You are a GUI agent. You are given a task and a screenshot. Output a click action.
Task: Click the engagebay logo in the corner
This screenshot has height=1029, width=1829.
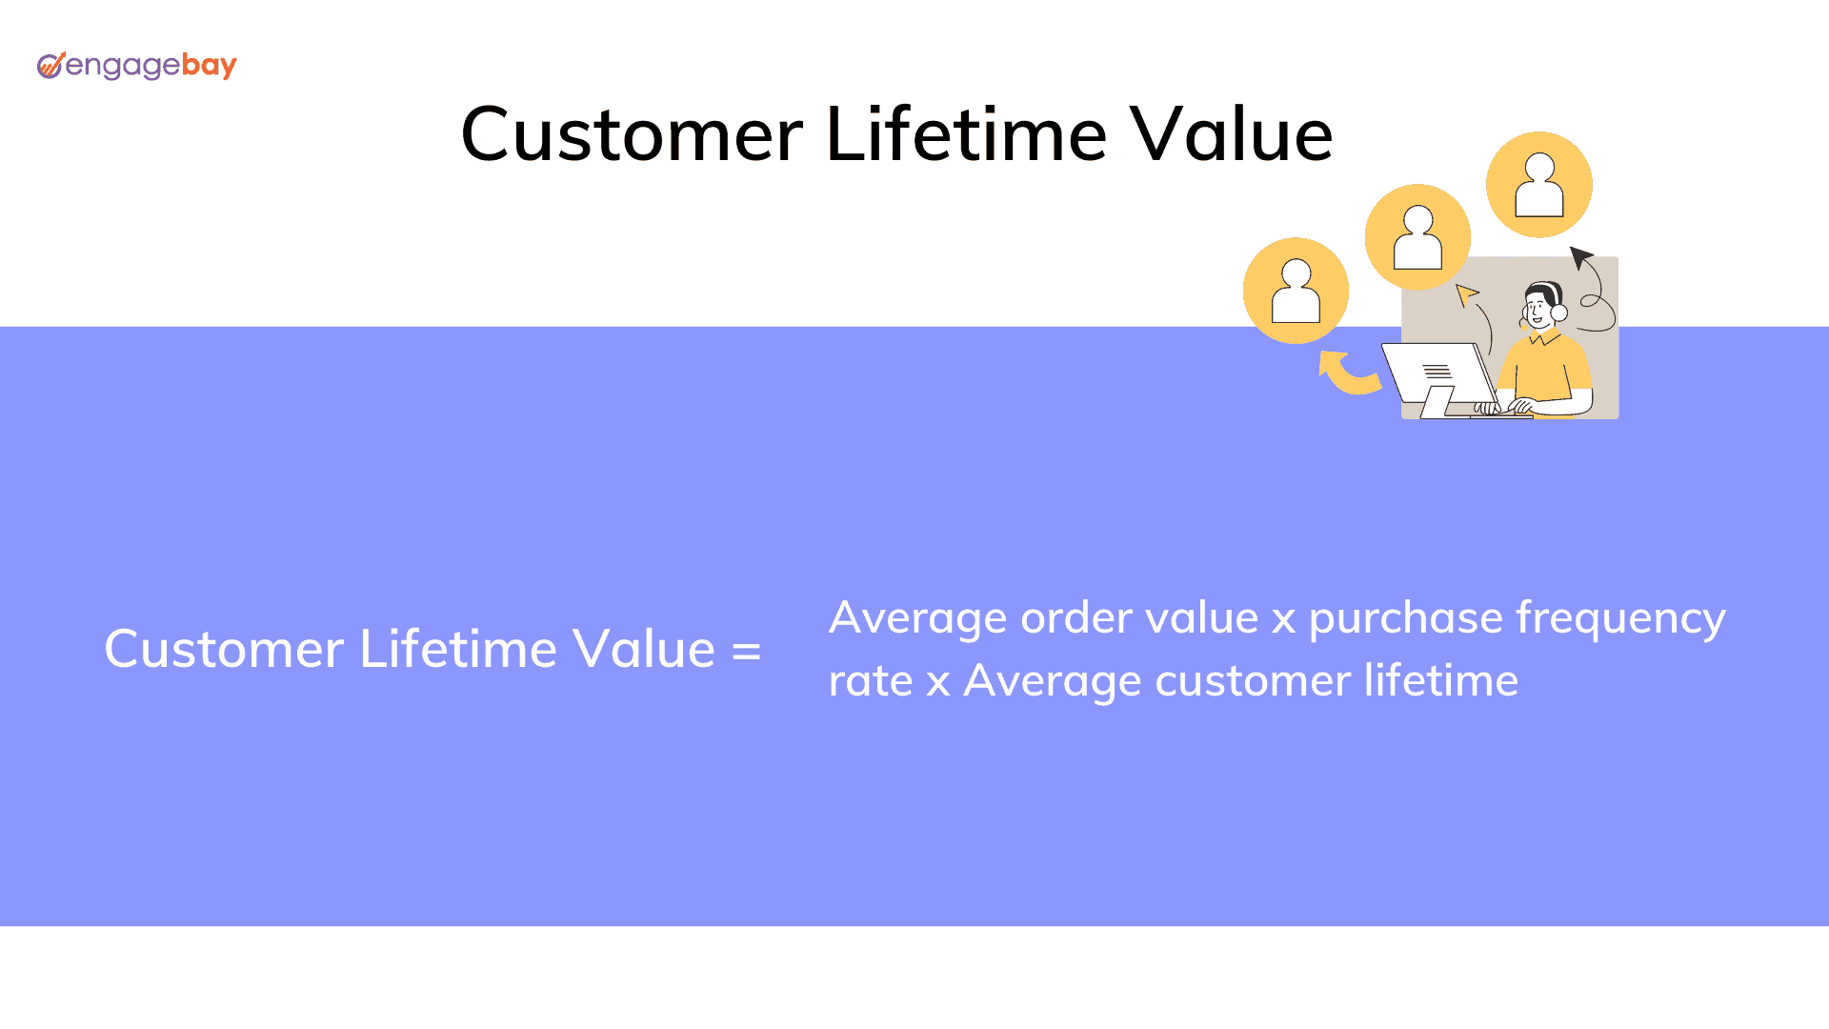136,66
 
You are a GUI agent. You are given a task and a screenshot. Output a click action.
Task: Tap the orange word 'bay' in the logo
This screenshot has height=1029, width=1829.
209,66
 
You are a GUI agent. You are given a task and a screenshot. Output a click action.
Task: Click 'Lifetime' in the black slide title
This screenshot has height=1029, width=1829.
966,134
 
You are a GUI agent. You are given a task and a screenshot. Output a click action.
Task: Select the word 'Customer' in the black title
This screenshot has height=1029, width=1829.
632,134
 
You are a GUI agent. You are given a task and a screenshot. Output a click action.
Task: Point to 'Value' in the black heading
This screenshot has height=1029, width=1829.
1231,134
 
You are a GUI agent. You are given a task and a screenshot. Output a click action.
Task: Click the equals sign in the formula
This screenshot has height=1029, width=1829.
746,652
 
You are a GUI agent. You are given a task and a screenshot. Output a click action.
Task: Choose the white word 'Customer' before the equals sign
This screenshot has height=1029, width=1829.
224,650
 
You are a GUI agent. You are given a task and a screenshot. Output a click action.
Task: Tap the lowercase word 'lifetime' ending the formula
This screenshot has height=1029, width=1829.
1441,680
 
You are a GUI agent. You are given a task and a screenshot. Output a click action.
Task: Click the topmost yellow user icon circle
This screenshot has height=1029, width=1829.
1539,185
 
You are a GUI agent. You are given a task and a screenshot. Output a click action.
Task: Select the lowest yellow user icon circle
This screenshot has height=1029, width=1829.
1296,291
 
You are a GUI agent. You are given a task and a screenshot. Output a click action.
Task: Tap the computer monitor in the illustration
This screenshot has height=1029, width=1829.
1438,378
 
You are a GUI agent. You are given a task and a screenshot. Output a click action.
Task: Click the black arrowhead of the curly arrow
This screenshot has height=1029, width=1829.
1580,256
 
